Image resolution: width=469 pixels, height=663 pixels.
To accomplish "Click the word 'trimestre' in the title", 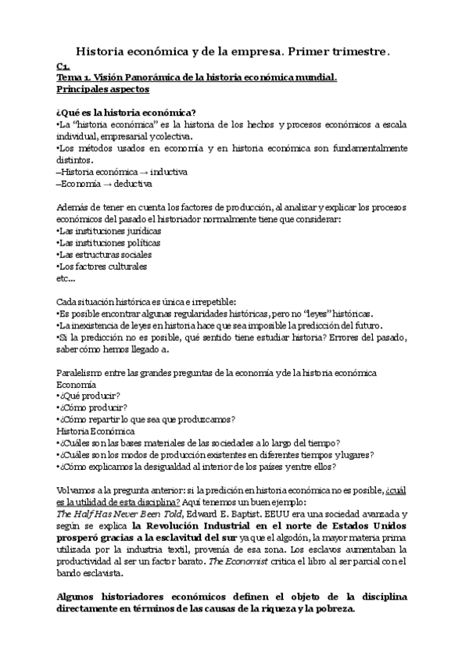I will pos(356,51).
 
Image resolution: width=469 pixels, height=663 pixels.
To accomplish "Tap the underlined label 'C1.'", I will pos(63,66).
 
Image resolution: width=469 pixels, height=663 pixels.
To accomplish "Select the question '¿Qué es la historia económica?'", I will pos(126,112).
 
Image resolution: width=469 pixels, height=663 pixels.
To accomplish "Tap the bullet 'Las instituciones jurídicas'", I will pos(110,231).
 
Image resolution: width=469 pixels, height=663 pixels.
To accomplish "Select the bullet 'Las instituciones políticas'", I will pos(110,242).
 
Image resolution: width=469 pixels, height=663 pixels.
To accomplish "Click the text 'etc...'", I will pos(66,278).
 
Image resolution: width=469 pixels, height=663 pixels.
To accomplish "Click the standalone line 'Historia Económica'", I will pos(96,431).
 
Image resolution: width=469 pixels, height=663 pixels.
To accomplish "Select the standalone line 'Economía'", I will pos(77,385).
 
